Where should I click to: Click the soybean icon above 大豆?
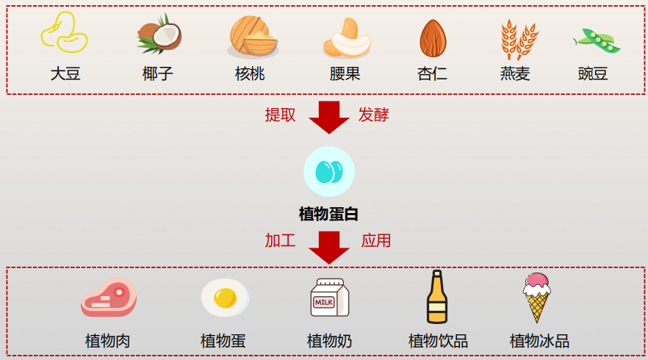(x=64, y=34)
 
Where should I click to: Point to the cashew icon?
(x=346, y=37)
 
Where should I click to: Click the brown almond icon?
(x=433, y=38)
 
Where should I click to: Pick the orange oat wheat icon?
(x=518, y=38)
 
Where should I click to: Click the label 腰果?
(x=345, y=74)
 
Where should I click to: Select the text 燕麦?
(x=515, y=74)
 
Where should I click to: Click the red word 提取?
(x=281, y=115)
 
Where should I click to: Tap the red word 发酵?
(x=373, y=115)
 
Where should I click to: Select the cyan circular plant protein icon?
(x=328, y=171)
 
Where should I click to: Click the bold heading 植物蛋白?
(x=328, y=214)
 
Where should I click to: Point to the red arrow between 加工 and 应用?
(x=328, y=247)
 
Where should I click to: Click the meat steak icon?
(x=109, y=298)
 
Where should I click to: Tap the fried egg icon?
(x=224, y=298)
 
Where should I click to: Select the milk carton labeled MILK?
(x=328, y=298)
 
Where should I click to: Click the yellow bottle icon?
(x=437, y=297)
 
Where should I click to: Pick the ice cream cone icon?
(x=537, y=296)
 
